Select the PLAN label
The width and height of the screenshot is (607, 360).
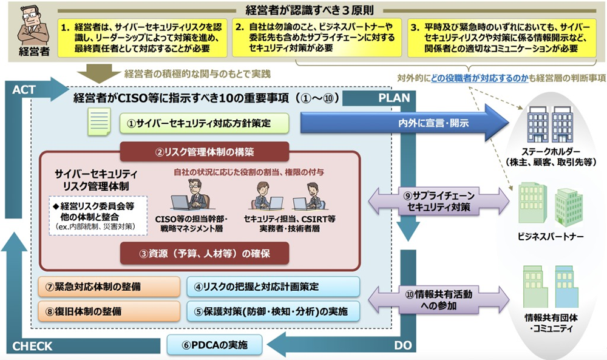point(395,97)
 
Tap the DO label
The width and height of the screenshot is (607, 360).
point(402,345)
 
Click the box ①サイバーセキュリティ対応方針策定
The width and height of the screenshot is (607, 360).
point(203,123)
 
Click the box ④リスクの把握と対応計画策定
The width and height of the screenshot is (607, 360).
point(273,286)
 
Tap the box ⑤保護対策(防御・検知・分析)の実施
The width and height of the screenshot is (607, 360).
point(273,311)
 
